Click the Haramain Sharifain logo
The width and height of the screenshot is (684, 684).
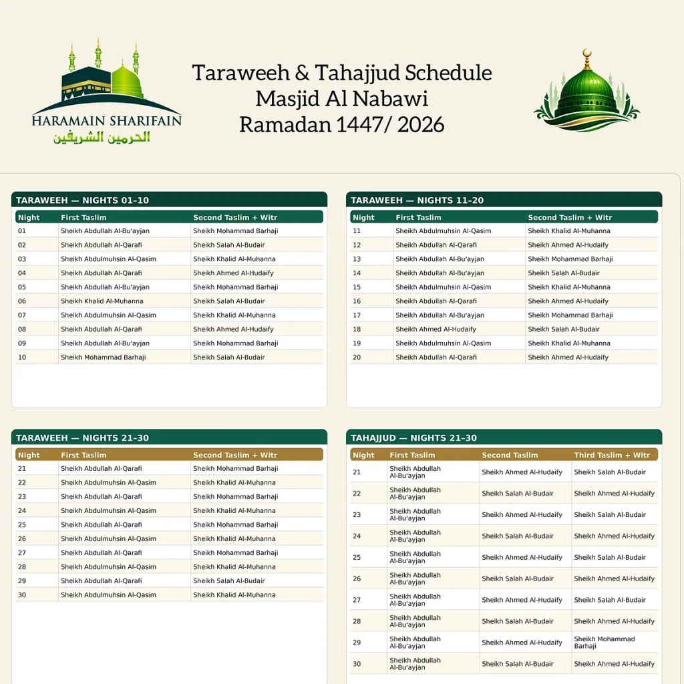point(106,92)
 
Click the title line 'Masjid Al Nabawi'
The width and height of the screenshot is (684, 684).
point(341,98)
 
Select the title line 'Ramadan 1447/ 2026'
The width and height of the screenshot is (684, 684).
point(341,124)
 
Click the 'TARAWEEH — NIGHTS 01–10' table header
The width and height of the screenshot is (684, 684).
point(82,200)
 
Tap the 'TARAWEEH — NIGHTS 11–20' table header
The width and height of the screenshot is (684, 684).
point(417,200)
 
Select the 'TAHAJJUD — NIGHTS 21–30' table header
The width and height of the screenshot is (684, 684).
point(413,438)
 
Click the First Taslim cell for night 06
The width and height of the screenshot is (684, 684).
point(102,301)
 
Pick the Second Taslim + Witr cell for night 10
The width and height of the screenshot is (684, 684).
point(229,357)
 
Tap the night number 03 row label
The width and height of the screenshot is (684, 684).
point(22,259)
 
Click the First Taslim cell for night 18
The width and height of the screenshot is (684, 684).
point(436,329)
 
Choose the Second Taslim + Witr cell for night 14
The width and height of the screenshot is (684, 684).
point(564,273)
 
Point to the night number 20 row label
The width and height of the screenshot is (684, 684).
point(357,357)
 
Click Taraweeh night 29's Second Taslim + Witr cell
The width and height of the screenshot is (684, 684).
point(229,581)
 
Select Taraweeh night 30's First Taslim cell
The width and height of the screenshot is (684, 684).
point(108,595)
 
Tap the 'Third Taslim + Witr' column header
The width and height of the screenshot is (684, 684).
point(612,456)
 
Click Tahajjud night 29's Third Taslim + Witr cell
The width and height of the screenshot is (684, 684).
point(605,643)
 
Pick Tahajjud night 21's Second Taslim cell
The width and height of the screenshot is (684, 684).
point(522,472)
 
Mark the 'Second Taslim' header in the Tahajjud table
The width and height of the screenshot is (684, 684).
point(510,456)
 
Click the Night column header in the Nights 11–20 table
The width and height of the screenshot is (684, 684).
point(363,218)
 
